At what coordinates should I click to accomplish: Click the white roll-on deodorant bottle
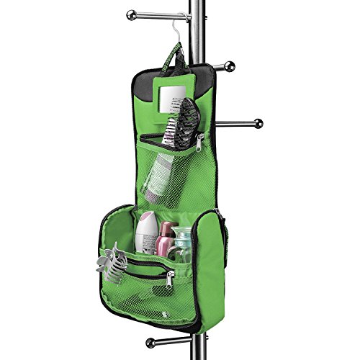146,231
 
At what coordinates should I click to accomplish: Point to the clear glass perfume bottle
183,245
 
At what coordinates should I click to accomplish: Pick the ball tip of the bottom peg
150,341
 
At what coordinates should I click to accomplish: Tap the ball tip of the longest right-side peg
258,123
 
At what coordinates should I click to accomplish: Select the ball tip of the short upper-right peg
229,66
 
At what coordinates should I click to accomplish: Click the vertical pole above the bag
194,29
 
